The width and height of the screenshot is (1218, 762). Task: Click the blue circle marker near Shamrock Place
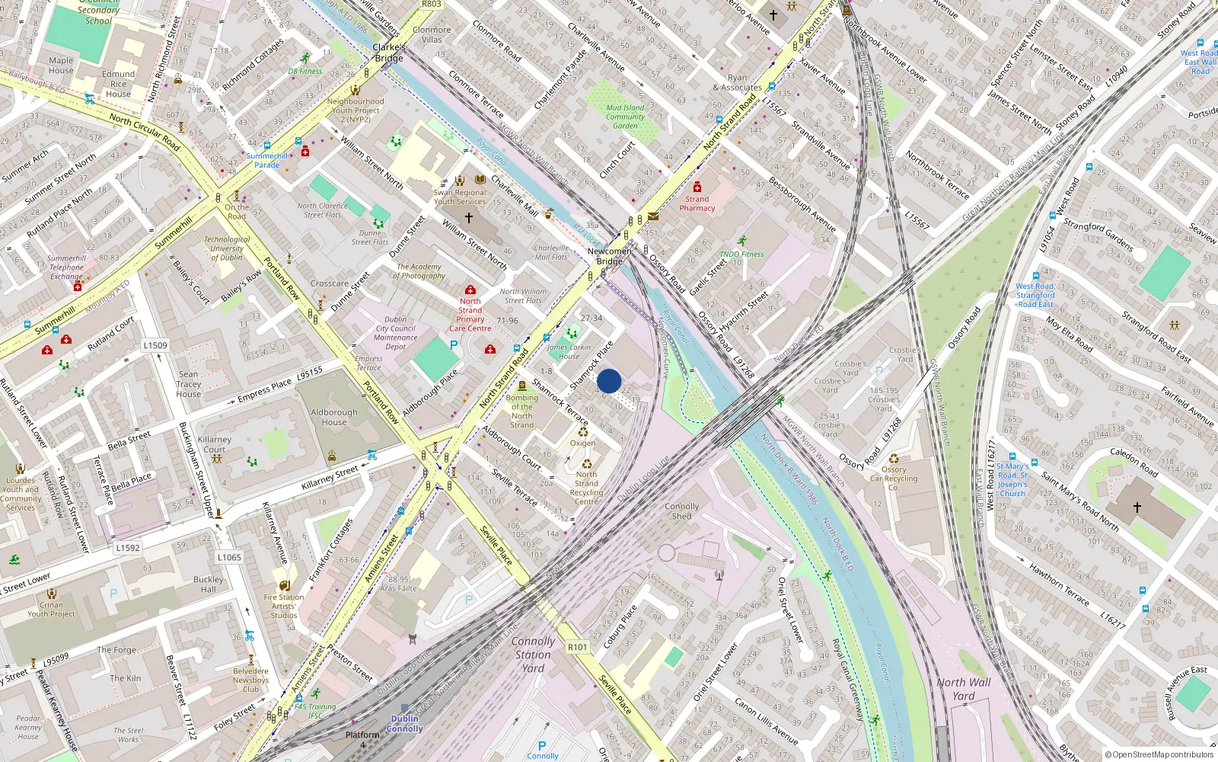pyautogui.click(x=609, y=381)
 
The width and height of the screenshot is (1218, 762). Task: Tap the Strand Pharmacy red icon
pyautogui.click(x=697, y=187)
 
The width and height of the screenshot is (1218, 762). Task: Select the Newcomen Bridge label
pyautogui.click(x=609, y=256)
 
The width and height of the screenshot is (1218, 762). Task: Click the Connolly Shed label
pyautogui.click(x=681, y=511)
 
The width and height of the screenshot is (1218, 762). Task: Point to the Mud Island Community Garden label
pyautogui.click(x=625, y=117)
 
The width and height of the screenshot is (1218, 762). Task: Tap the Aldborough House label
pyautogui.click(x=333, y=417)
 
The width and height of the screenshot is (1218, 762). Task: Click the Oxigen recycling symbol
pyautogui.click(x=583, y=432)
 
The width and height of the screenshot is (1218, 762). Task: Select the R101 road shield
pyautogui.click(x=578, y=647)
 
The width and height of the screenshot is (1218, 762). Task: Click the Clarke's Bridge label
pyautogui.click(x=388, y=53)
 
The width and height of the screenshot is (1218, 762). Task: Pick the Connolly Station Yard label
pyautogui.click(x=533, y=655)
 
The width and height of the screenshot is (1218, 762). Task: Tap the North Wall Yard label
pyautogui.click(x=964, y=689)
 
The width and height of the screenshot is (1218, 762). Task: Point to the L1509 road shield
pyautogui.click(x=155, y=345)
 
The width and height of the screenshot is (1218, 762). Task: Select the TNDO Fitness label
pyautogui.click(x=741, y=254)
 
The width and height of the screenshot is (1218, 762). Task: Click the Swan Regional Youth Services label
pyautogui.click(x=460, y=197)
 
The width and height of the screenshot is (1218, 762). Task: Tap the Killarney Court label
pyautogui.click(x=215, y=444)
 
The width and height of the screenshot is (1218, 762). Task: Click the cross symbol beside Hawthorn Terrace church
pyautogui.click(x=1137, y=507)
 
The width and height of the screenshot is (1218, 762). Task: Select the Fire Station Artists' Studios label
pyautogui.click(x=284, y=606)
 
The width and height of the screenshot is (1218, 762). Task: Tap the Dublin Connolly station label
pyautogui.click(x=404, y=723)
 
